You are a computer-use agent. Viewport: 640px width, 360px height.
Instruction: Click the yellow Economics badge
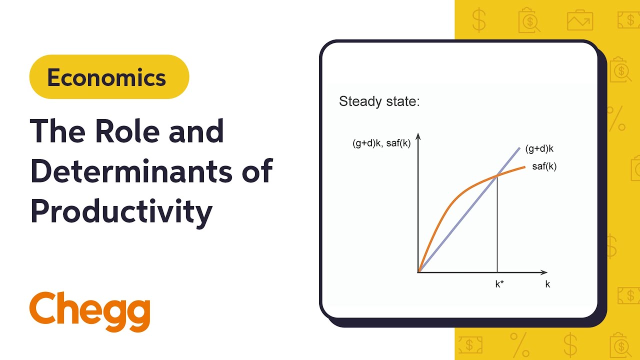coord(109,77)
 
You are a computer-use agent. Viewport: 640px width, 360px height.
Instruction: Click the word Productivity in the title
coord(121,212)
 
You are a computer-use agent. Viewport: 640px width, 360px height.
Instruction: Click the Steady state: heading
coord(379,101)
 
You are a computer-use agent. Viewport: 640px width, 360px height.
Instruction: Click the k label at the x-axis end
coord(547,284)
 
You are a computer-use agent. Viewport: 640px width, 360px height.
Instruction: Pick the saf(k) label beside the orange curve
coord(544,167)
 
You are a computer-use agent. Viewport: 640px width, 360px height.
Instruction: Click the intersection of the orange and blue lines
coord(497,175)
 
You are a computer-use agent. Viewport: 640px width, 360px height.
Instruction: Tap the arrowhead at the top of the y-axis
coord(418,136)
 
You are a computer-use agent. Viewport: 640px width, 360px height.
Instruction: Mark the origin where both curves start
coord(418,272)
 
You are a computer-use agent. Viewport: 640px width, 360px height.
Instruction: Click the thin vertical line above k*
coord(497,225)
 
